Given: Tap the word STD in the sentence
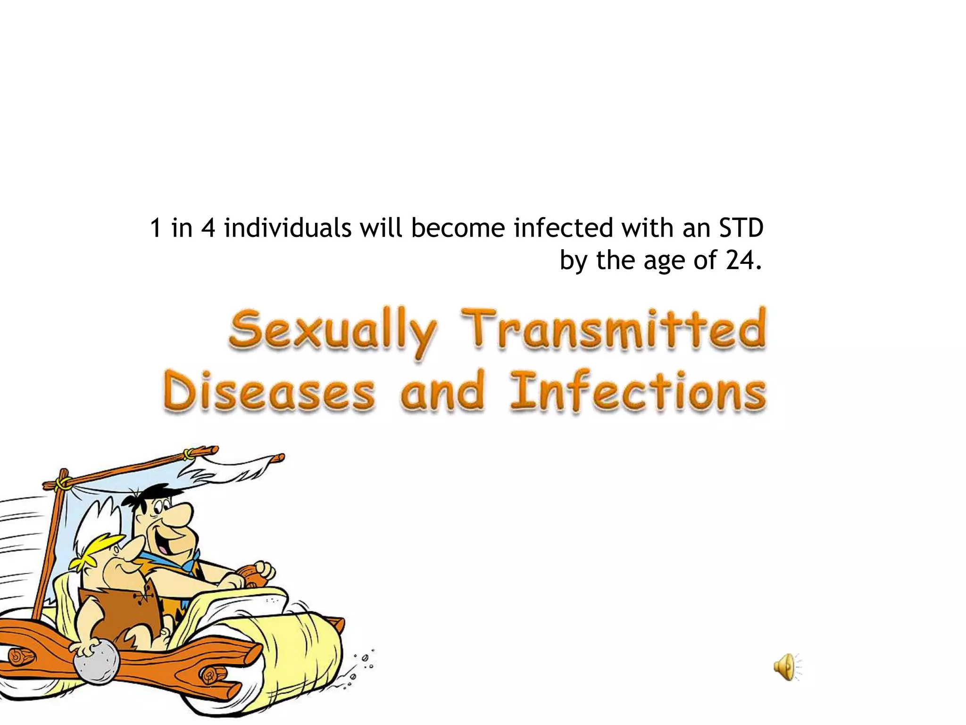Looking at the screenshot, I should [741, 228].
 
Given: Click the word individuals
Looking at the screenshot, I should [288, 228].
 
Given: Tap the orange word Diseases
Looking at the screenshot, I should [269, 393].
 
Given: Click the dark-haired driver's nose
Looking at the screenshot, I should [182, 514].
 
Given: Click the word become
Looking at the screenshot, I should [458, 228].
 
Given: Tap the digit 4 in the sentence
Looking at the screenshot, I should [208, 228].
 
